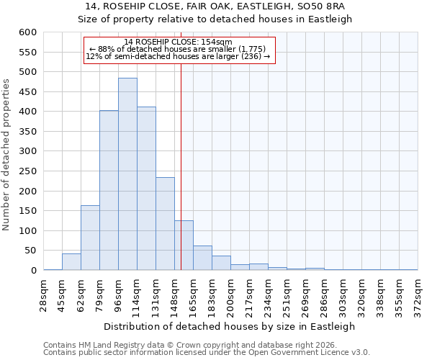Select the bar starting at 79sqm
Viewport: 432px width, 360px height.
click(109, 191)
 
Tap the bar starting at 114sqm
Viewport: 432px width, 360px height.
click(146, 189)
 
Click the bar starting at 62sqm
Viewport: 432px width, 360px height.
click(90, 238)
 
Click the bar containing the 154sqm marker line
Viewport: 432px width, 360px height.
click(184, 246)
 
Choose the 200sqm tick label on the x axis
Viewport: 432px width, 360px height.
click(230, 296)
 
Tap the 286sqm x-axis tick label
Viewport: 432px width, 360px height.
click(324, 296)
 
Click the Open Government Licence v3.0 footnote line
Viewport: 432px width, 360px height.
click(206, 352)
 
